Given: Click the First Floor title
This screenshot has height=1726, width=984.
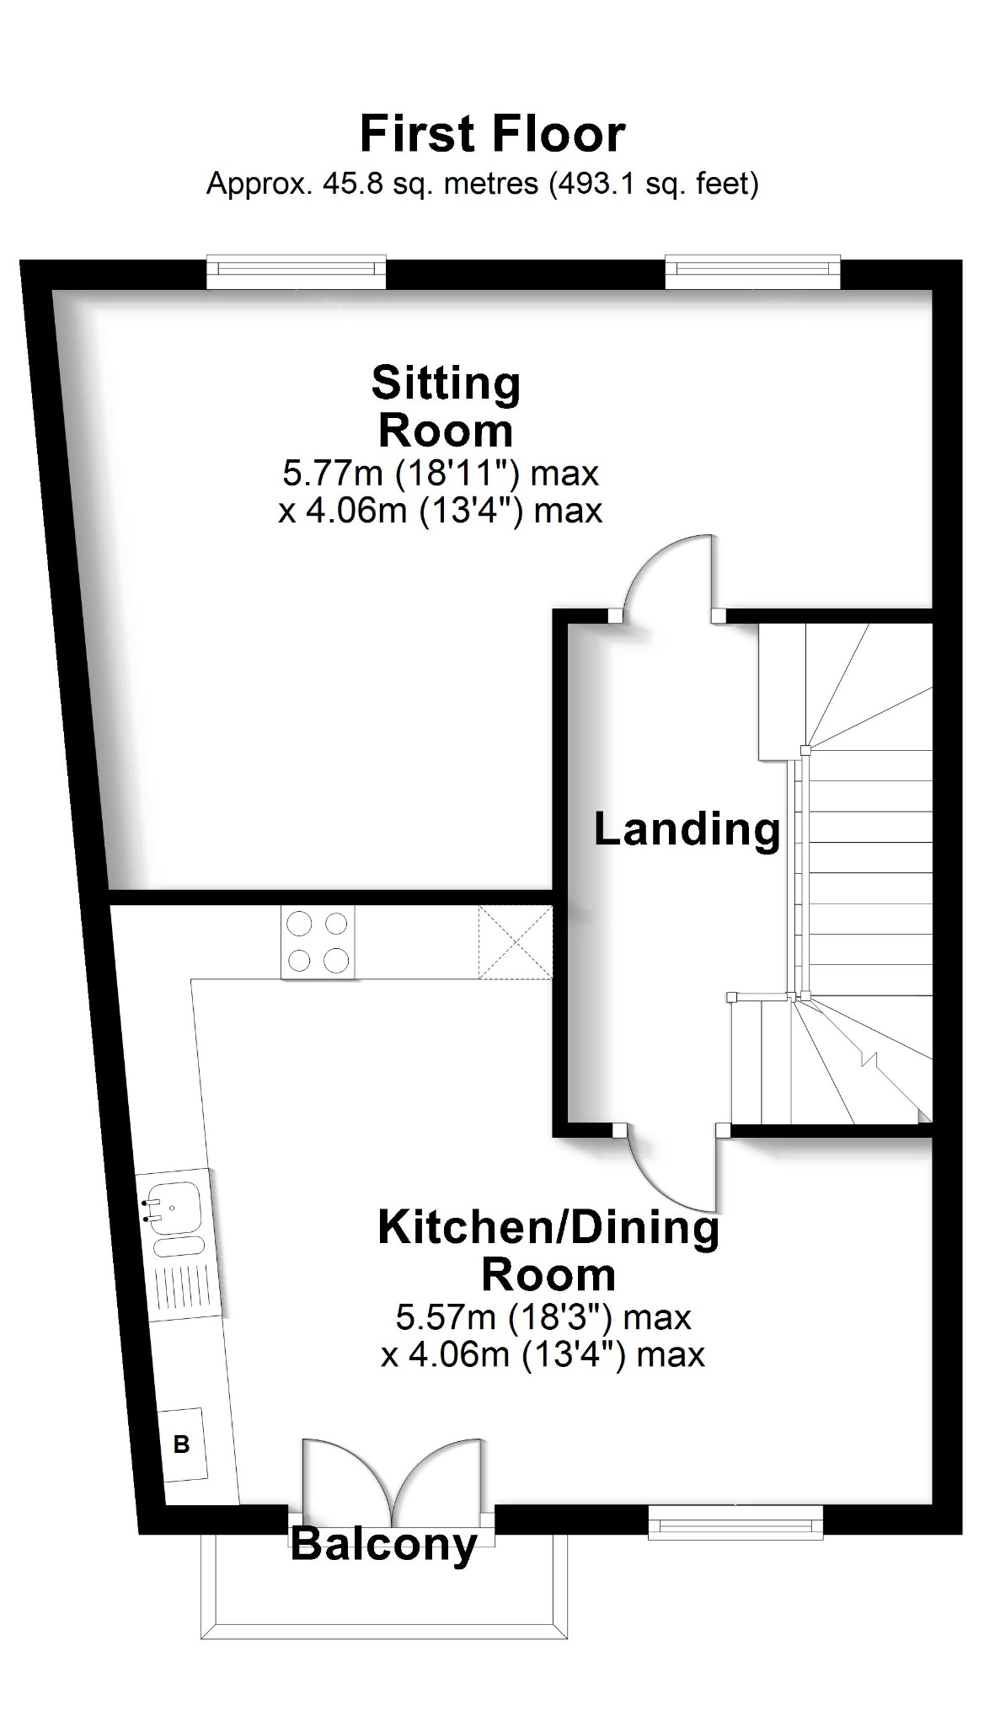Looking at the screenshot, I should tap(492, 135).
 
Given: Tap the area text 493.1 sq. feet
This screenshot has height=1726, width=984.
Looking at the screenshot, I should tap(653, 183).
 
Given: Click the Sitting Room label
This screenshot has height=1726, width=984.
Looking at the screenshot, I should tap(446, 406).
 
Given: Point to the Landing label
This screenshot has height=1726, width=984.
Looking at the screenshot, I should tap(687, 829).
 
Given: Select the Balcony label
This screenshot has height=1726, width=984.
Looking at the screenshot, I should tap(383, 1545).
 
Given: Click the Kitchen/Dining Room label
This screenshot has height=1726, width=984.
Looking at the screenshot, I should tap(548, 1251).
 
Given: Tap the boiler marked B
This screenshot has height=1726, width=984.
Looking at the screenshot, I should tap(182, 1445).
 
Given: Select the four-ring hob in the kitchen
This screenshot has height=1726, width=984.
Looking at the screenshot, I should tap(318, 942).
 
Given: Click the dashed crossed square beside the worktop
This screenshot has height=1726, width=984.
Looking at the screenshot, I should tap(515, 942).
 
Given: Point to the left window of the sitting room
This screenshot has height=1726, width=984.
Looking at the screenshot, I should tap(297, 269).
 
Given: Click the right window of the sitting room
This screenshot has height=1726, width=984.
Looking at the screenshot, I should tap(752, 269).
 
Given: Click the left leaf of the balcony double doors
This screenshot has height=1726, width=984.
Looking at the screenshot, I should tap(345, 1475).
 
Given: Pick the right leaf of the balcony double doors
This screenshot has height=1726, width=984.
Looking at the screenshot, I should tap(442, 1475).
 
